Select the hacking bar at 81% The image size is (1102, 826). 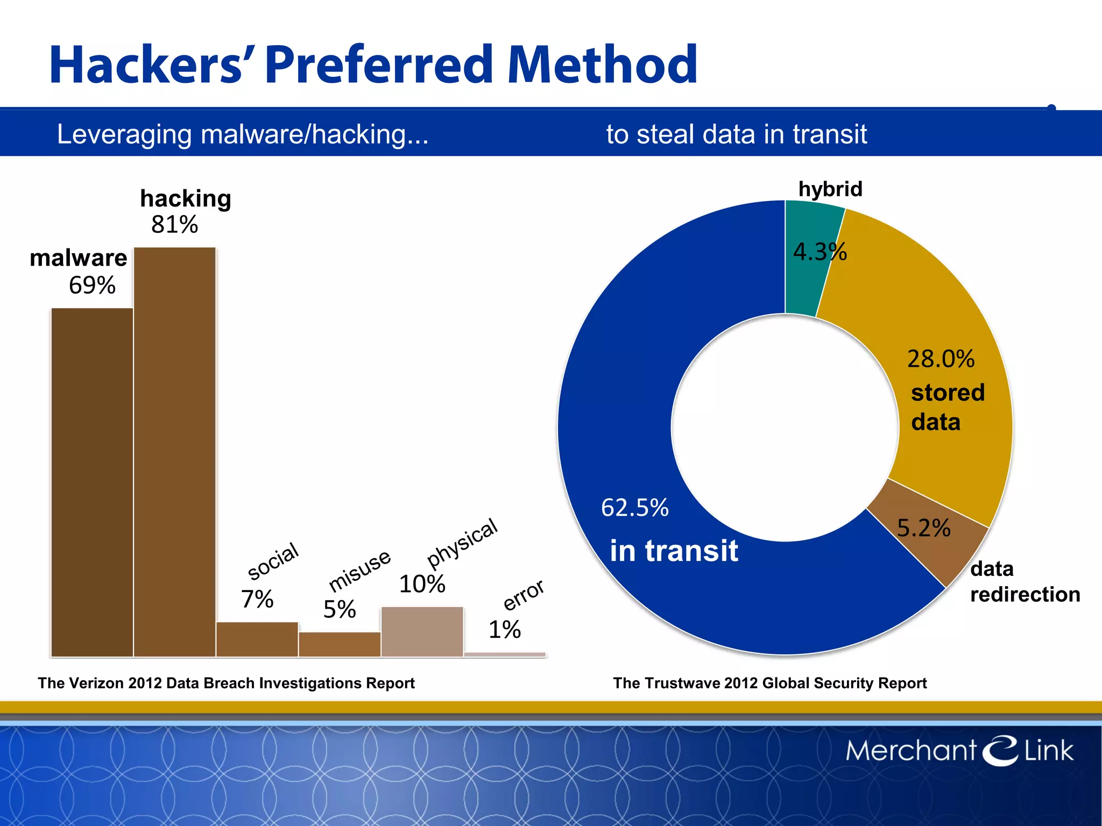point(175,452)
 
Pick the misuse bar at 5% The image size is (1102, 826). point(340,644)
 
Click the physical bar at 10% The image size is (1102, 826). point(422,631)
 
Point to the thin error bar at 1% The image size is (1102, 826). point(505,654)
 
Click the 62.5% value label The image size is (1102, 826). point(635,508)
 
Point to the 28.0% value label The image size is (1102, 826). point(941,359)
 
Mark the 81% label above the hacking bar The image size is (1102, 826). point(175,225)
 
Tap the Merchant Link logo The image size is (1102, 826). point(959,750)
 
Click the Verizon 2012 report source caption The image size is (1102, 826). point(226,683)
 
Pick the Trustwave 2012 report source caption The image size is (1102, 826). point(770,683)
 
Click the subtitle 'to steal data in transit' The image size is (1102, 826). point(737,134)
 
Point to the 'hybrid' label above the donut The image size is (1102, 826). point(830,189)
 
